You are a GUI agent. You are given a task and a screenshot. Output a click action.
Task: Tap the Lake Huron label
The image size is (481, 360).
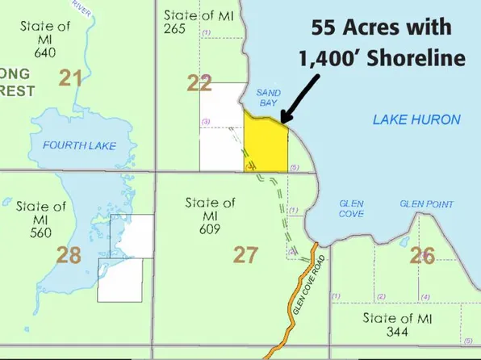(416, 119)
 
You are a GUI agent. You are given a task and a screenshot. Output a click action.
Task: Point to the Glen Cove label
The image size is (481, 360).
(351, 208)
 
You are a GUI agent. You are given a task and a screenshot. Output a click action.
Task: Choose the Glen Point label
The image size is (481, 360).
(426, 204)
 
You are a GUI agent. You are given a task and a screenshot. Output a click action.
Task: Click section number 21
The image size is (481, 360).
(71, 78)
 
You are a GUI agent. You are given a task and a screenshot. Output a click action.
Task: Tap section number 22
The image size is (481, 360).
(199, 83)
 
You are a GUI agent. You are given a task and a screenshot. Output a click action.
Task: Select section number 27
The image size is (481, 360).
(245, 255)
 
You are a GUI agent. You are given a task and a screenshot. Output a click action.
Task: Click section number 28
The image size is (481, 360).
(69, 256)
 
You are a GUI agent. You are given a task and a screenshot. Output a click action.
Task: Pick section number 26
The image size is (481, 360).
(422, 256)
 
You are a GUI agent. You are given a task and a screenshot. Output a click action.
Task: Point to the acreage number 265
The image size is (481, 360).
(174, 30)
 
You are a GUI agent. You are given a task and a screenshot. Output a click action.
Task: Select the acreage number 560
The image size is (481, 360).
(40, 234)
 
